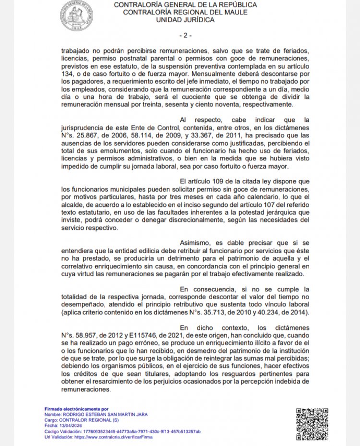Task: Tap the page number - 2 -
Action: tap(185, 36)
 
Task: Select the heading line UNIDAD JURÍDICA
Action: tap(185, 20)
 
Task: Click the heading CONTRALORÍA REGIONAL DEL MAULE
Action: tap(185, 12)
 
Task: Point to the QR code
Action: tap(312, 424)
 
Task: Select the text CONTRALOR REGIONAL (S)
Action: tap(87, 420)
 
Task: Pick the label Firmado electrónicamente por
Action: tap(77, 409)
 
